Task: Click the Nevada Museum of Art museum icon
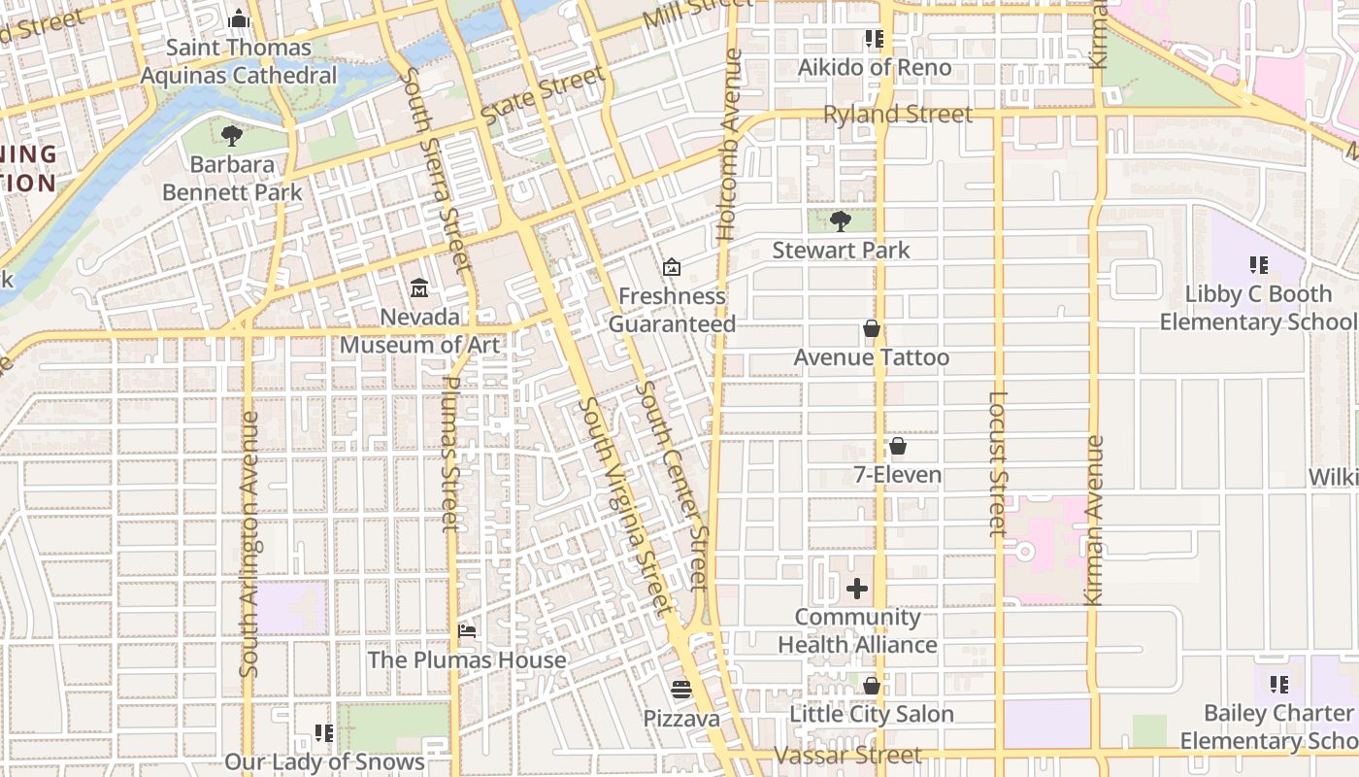coord(419,287)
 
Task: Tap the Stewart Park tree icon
coord(841,220)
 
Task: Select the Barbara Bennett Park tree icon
coord(231,135)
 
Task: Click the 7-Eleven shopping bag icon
coord(898,446)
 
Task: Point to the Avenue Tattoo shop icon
coord(872,328)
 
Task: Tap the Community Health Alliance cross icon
coord(857,588)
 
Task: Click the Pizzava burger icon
coord(680,689)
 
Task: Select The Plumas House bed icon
coord(467,630)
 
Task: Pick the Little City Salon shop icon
coord(872,685)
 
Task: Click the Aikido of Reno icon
coord(875,39)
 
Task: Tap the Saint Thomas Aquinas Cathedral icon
coord(239,18)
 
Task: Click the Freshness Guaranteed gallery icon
coord(671,267)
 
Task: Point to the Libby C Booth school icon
coord(1259,264)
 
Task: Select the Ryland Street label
coord(897,115)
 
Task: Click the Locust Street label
coord(998,463)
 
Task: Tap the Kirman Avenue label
coord(1094,521)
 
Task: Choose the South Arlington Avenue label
coord(249,544)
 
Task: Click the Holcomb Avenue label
coord(729,146)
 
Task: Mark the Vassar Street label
coord(847,755)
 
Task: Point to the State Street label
coord(543,95)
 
